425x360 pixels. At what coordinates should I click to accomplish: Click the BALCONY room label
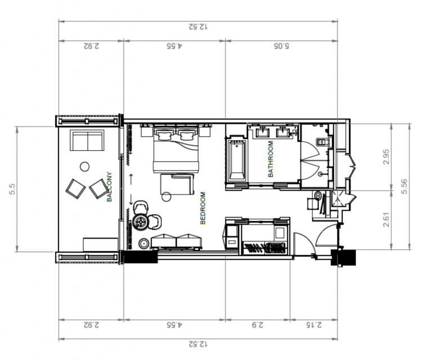pyautogui.click(x=109, y=187)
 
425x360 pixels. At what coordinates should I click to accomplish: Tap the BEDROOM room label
pyautogui.click(x=203, y=208)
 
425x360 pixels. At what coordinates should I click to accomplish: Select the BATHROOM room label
pyautogui.click(x=271, y=159)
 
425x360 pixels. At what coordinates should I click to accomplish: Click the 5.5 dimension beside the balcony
pyautogui.click(x=12, y=189)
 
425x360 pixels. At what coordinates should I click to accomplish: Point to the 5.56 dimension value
pyautogui.click(x=404, y=186)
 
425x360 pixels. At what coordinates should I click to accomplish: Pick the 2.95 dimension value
pyautogui.click(x=386, y=156)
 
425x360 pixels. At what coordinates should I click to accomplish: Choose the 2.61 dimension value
pyautogui.click(x=386, y=220)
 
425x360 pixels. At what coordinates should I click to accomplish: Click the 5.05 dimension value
pyautogui.click(x=281, y=46)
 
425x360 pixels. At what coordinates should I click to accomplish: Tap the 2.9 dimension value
pyautogui.click(x=257, y=325)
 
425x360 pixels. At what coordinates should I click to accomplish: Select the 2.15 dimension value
pyautogui.click(x=314, y=325)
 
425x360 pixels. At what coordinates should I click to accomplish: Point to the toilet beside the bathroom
pyautogui.click(x=323, y=142)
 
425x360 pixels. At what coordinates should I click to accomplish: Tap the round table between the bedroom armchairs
pyautogui.click(x=141, y=222)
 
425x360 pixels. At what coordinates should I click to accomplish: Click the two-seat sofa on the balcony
pyautogui.click(x=87, y=140)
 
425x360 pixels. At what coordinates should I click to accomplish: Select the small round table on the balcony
pyautogui.click(x=85, y=166)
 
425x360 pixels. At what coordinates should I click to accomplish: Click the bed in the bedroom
pyautogui.click(x=176, y=148)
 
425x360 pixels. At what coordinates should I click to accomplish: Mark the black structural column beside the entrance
pyautogui.click(x=343, y=258)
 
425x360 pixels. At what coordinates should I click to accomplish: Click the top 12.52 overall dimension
pyautogui.click(x=198, y=26)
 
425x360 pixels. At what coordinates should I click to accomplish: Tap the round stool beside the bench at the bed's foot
pyautogui.click(x=144, y=244)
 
